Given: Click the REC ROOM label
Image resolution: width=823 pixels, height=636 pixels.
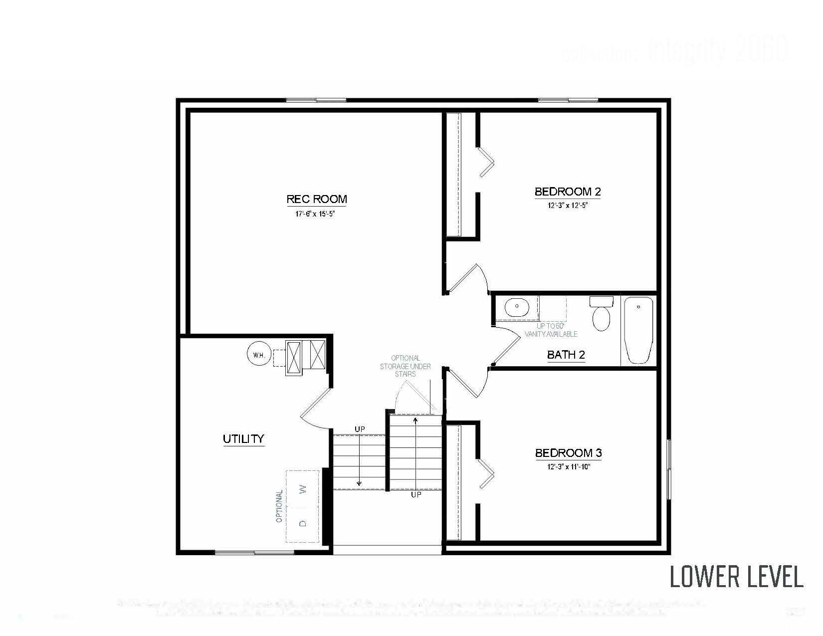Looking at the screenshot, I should pyautogui.click(x=317, y=200).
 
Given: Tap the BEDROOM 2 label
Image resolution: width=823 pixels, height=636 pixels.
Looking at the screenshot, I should pyautogui.click(x=568, y=192).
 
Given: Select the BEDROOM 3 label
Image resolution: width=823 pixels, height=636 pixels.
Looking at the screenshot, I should pyautogui.click(x=568, y=453).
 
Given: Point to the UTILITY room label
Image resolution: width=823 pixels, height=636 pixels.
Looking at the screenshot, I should pyautogui.click(x=243, y=439).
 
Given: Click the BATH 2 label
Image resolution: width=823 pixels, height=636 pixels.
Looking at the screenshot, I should pyautogui.click(x=566, y=355).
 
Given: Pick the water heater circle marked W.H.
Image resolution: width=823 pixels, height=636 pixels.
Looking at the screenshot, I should pyautogui.click(x=259, y=355).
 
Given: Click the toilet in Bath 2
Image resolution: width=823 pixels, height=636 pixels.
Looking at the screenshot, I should pyautogui.click(x=601, y=314).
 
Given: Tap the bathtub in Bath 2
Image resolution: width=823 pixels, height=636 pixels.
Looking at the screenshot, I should pyautogui.click(x=638, y=330).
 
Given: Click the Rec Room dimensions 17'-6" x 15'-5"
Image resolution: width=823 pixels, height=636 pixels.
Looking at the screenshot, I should pyautogui.click(x=317, y=214).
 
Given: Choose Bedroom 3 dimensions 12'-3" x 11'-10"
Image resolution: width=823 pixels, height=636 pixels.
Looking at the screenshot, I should pyautogui.click(x=568, y=467).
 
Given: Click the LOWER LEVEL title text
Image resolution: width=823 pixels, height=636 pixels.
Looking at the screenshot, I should pyautogui.click(x=736, y=577).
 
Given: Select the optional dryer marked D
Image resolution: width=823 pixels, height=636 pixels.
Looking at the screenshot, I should pyautogui.click(x=302, y=523).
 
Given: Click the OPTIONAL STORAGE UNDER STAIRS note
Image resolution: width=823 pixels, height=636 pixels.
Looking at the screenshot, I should pyautogui.click(x=406, y=366).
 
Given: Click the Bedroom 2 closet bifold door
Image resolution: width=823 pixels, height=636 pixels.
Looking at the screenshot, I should pyautogui.click(x=486, y=162).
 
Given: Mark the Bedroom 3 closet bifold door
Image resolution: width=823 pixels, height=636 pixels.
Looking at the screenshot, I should pyautogui.click(x=486, y=474).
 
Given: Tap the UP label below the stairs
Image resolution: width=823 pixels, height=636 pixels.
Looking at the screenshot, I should pyautogui.click(x=416, y=495).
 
